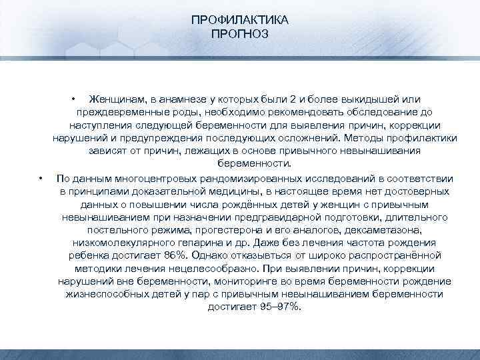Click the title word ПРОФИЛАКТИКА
239,21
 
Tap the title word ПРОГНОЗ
239,33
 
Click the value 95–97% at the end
255,307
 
